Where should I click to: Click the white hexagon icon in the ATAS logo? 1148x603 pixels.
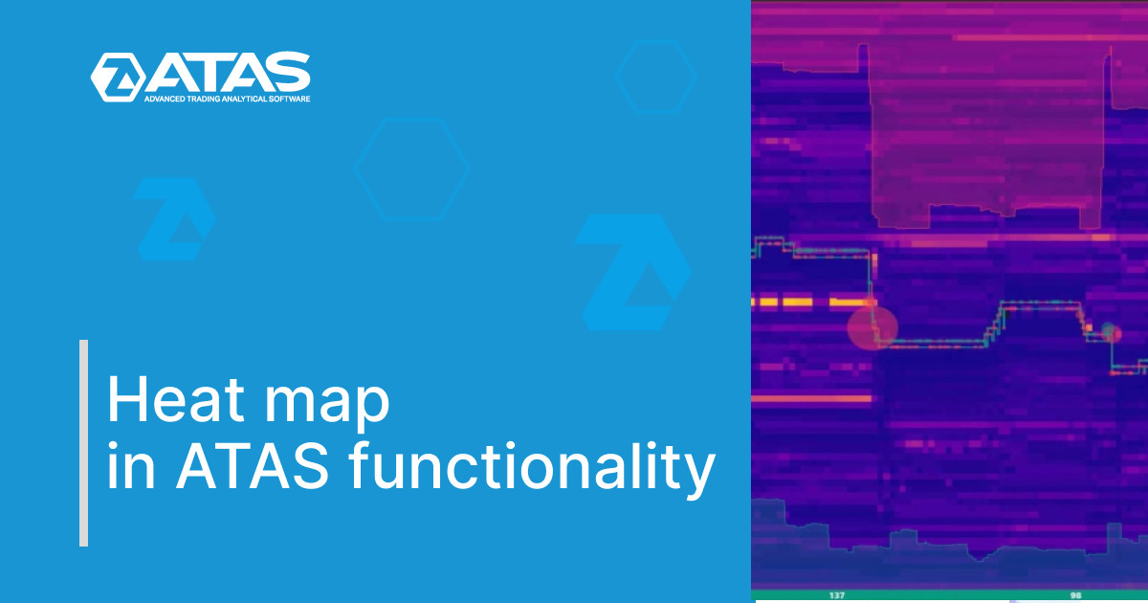click(x=117, y=77)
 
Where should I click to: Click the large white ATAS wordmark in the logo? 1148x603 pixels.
click(x=228, y=73)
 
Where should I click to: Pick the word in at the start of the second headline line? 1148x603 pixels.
click(x=121, y=468)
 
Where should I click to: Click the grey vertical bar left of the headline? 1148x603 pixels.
click(x=83, y=442)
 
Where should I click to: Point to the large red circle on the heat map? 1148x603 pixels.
click(x=872, y=327)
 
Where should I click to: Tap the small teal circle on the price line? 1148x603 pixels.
click(x=1109, y=332)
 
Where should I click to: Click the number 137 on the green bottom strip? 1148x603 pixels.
click(x=836, y=595)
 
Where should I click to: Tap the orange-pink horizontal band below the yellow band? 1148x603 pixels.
click(x=811, y=398)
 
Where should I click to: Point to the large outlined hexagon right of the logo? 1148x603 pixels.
click(x=411, y=168)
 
